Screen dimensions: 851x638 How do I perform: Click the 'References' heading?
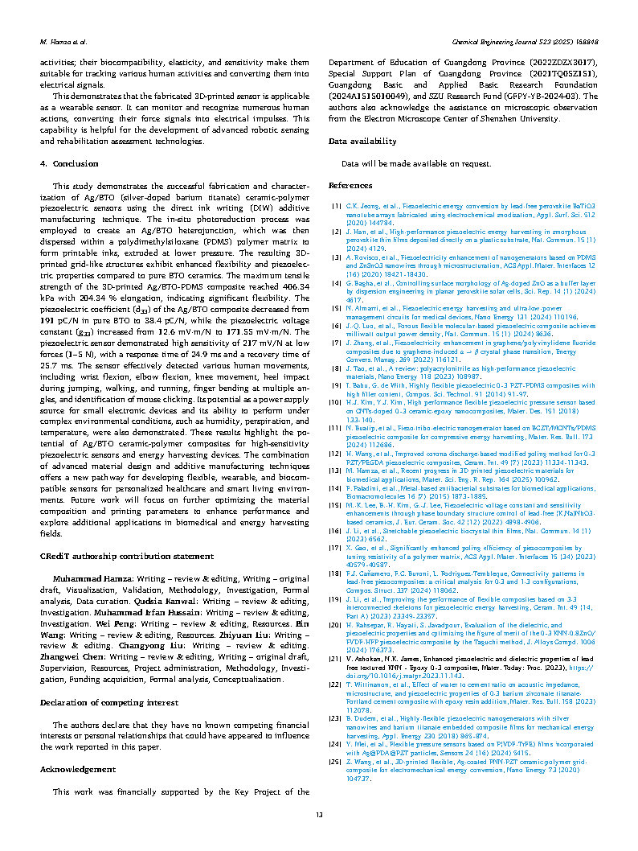(352, 186)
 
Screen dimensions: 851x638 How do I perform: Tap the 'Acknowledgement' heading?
(79, 769)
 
